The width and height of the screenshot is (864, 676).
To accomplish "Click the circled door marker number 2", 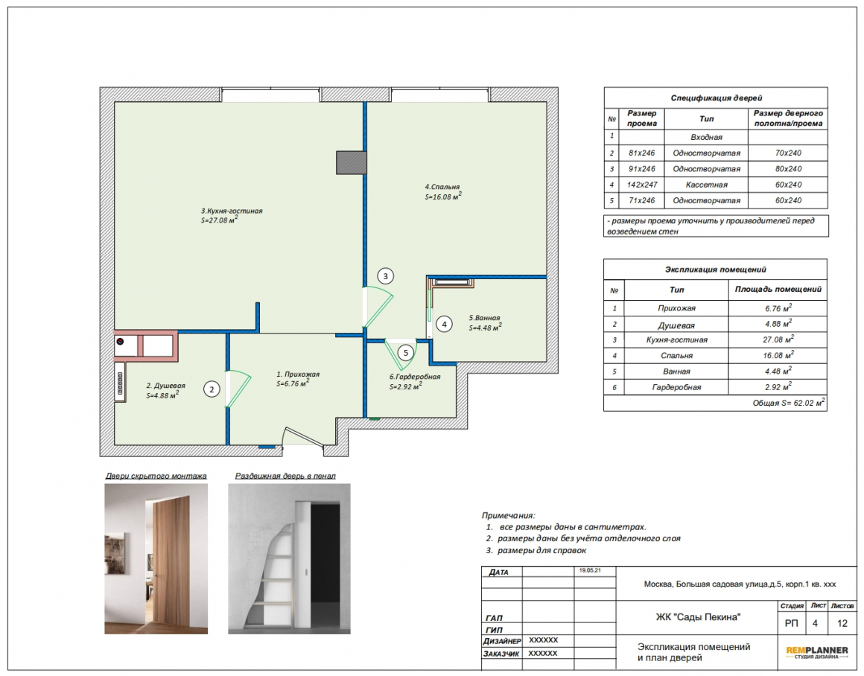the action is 212,389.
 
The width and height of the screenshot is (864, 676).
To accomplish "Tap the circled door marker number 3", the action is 386,276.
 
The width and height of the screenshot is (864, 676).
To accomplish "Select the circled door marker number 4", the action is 444,324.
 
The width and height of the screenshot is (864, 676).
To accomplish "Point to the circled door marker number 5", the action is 406,353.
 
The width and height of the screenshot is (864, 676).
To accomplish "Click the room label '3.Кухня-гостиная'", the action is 232,211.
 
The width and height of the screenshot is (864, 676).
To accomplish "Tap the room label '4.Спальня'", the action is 442,187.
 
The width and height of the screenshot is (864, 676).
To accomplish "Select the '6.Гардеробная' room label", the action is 415,377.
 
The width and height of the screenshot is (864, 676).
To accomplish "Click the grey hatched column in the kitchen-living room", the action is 352,163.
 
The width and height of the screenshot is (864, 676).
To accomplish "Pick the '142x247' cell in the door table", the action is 642,185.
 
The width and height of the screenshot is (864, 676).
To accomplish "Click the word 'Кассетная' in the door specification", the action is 706,185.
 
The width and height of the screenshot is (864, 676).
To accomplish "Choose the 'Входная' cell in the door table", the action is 706,137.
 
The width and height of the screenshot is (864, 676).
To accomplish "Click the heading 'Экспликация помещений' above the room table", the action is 715,270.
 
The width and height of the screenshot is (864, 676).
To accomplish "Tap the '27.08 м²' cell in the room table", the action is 778,339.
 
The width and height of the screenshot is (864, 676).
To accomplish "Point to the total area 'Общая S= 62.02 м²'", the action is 789,403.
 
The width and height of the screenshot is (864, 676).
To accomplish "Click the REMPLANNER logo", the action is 816,652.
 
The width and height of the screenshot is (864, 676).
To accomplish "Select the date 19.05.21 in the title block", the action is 590,571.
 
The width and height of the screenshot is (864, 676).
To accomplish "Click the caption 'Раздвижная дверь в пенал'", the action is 285,476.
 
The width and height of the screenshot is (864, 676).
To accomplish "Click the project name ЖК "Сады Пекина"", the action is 698,617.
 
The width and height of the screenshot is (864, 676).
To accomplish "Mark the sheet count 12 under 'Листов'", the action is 842,624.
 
